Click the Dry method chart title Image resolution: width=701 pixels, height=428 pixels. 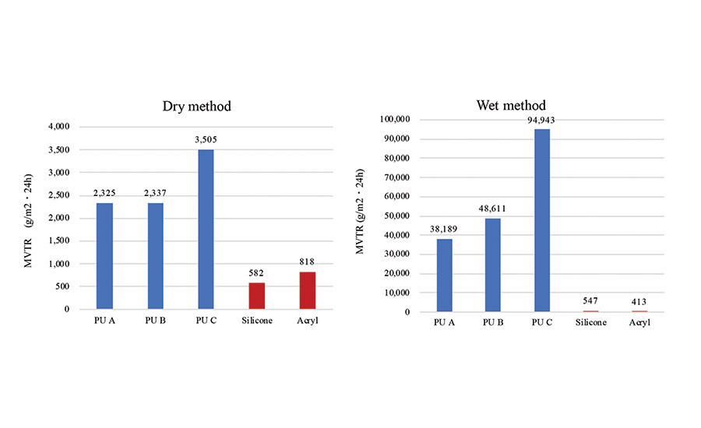coord(196,106)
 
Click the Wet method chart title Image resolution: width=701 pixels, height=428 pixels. coord(511,105)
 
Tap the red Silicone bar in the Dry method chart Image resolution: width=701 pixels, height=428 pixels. coord(256,296)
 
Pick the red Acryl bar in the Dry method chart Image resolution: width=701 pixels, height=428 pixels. coord(307,290)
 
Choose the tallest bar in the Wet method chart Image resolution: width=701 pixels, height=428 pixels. coord(541,220)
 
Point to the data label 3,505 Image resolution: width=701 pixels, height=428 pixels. coord(206,140)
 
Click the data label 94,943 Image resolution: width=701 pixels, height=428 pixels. coord(541,120)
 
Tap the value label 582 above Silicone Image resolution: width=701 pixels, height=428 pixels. coord(256,274)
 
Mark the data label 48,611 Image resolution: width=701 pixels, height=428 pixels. coord(492,210)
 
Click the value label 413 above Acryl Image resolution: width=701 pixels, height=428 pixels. coord(639,302)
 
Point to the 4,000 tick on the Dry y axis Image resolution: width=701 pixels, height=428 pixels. coord(80,126)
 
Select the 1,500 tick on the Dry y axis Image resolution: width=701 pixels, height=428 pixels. coord(80,240)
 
